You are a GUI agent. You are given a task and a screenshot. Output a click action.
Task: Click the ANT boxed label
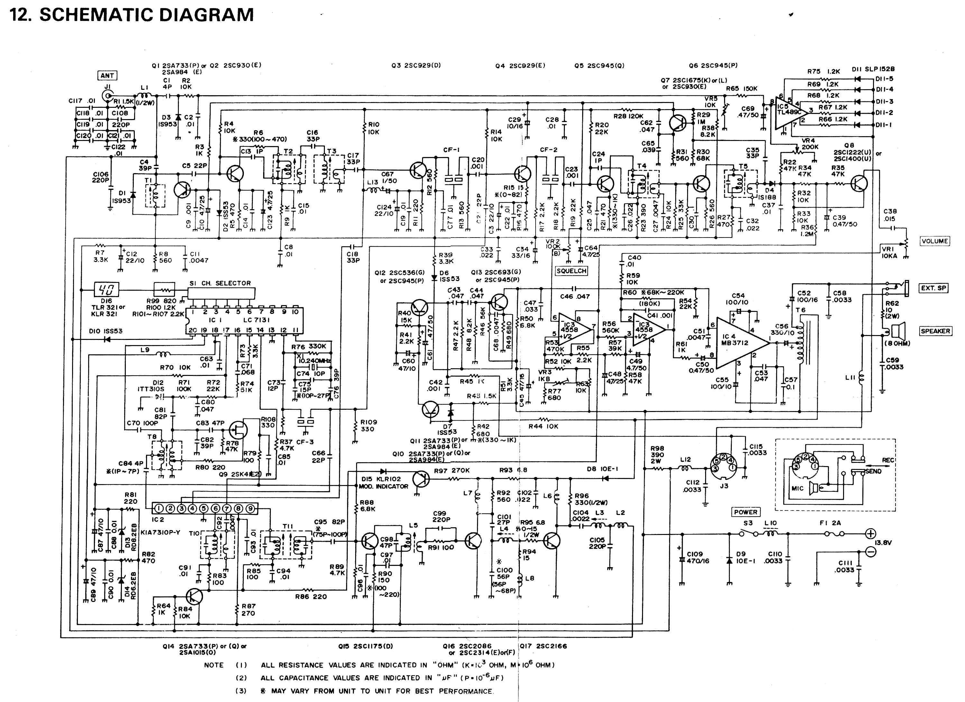(107, 76)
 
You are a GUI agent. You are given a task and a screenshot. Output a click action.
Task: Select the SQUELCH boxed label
(571, 271)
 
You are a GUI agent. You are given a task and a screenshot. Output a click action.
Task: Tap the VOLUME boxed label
(934, 241)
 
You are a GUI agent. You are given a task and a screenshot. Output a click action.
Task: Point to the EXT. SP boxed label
(933, 288)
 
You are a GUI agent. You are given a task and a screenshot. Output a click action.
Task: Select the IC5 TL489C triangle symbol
(789, 112)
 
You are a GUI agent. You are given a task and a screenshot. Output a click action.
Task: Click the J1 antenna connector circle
(108, 94)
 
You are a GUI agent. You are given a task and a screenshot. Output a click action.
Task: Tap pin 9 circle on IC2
(251, 508)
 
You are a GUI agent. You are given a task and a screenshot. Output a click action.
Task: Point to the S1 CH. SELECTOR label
(220, 283)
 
